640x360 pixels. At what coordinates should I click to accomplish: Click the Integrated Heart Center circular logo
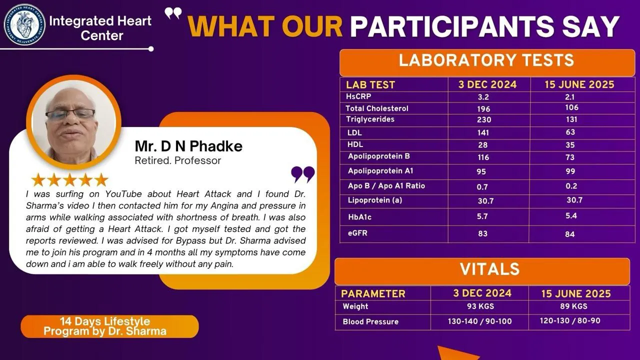tap(24, 24)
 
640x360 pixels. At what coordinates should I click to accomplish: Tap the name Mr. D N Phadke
tap(188, 146)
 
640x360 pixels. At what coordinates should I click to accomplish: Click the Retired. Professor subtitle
tap(177, 160)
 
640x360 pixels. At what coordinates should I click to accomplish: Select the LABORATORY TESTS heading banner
tap(486, 62)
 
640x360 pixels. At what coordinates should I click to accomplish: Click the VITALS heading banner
tap(482, 271)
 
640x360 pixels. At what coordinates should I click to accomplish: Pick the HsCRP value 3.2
tap(483, 97)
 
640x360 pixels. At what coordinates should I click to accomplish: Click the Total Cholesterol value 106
tap(571, 107)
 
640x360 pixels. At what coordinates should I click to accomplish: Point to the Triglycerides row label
tap(370, 119)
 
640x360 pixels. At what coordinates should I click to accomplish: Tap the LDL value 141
tap(483, 132)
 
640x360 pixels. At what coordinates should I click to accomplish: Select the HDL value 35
tap(570, 145)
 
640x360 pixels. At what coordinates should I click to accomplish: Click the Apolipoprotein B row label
tap(379, 156)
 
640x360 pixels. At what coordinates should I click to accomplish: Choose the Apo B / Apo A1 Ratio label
tap(386, 186)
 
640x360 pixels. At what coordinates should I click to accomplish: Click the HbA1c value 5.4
tap(571, 215)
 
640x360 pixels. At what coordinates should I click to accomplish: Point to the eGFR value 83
tap(483, 233)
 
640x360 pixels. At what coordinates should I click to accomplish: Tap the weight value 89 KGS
tap(573, 306)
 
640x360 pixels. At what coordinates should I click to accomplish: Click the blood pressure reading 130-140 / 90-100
tap(479, 321)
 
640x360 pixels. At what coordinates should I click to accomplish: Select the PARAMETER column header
tap(373, 293)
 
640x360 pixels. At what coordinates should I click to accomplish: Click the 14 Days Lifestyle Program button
tap(109, 326)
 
